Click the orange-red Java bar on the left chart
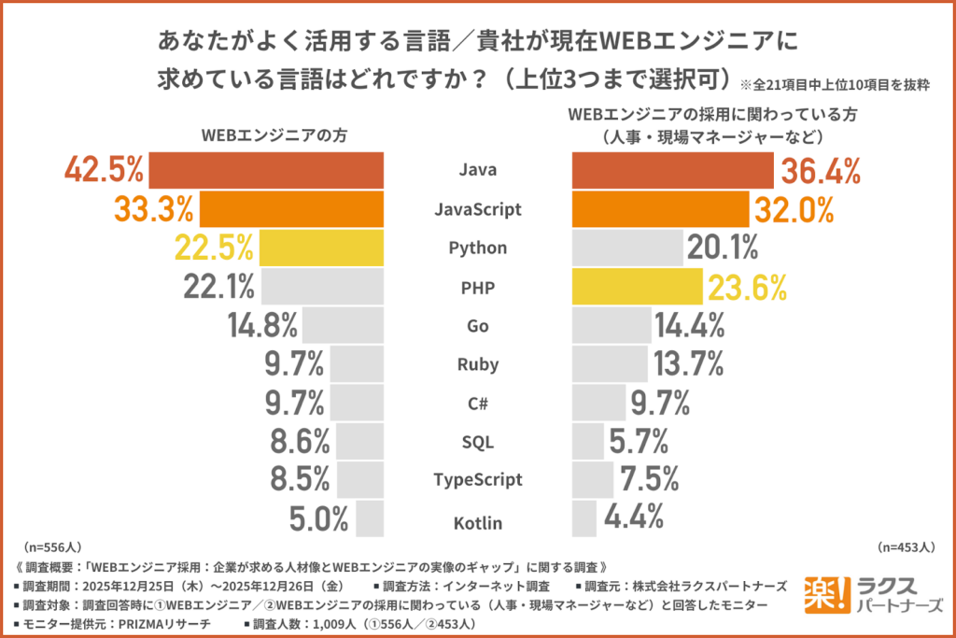[x=266, y=170]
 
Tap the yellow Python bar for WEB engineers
[x=321, y=248]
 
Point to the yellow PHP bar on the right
[x=637, y=287]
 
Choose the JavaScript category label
[x=477, y=209]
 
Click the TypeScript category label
[x=477, y=480]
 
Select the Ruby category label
[x=477, y=364]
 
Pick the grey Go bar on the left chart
[x=342, y=325]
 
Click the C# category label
[x=477, y=403]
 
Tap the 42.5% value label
[x=104, y=170]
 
